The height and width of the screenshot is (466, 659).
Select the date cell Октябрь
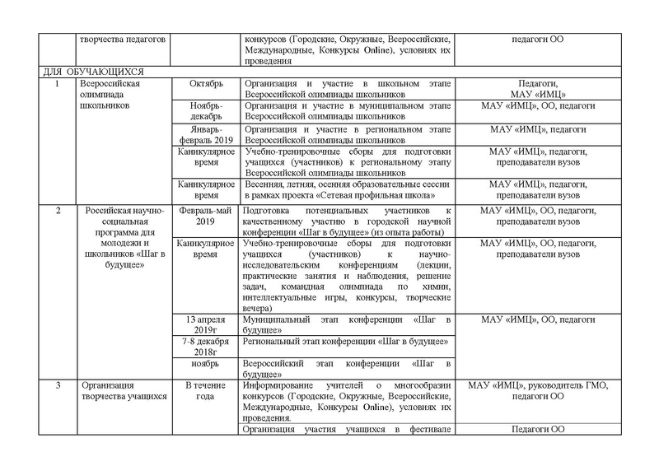[x=206, y=84]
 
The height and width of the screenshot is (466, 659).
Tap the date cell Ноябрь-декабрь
[x=206, y=112]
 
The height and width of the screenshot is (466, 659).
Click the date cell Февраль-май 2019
[x=206, y=217]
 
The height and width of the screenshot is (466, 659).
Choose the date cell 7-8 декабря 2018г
[x=206, y=347]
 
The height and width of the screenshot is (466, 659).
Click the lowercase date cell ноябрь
[x=206, y=363]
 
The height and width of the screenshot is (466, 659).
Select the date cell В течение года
[x=206, y=390]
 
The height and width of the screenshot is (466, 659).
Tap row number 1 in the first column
[x=57, y=84]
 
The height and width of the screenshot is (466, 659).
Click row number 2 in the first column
[x=57, y=212]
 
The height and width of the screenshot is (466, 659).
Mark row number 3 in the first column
[x=57, y=384]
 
